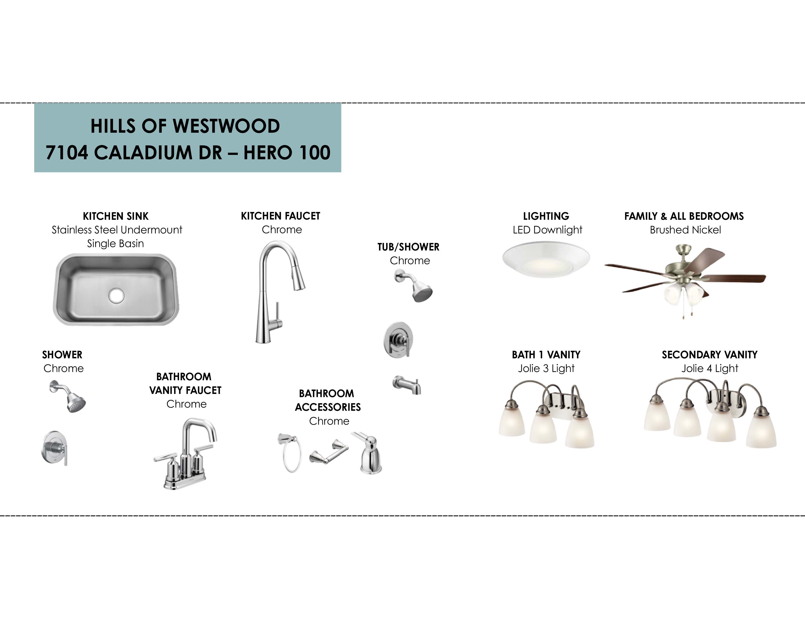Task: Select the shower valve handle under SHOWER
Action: pyautogui.click(x=55, y=448)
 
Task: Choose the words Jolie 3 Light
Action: pyautogui.click(x=546, y=369)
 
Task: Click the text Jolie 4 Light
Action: pyautogui.click(x=710, y=369)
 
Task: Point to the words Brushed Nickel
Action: pyautogui.click(x=685, y=230)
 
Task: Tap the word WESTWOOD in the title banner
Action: pyautogui.click(x=226, y=126)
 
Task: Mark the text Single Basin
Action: pyautogui.click(x=115, y=244)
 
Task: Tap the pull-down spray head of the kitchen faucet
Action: pyautogui.click(x=299, y=279)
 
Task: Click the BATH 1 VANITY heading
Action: pyautogui.click(x=546, y=355)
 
